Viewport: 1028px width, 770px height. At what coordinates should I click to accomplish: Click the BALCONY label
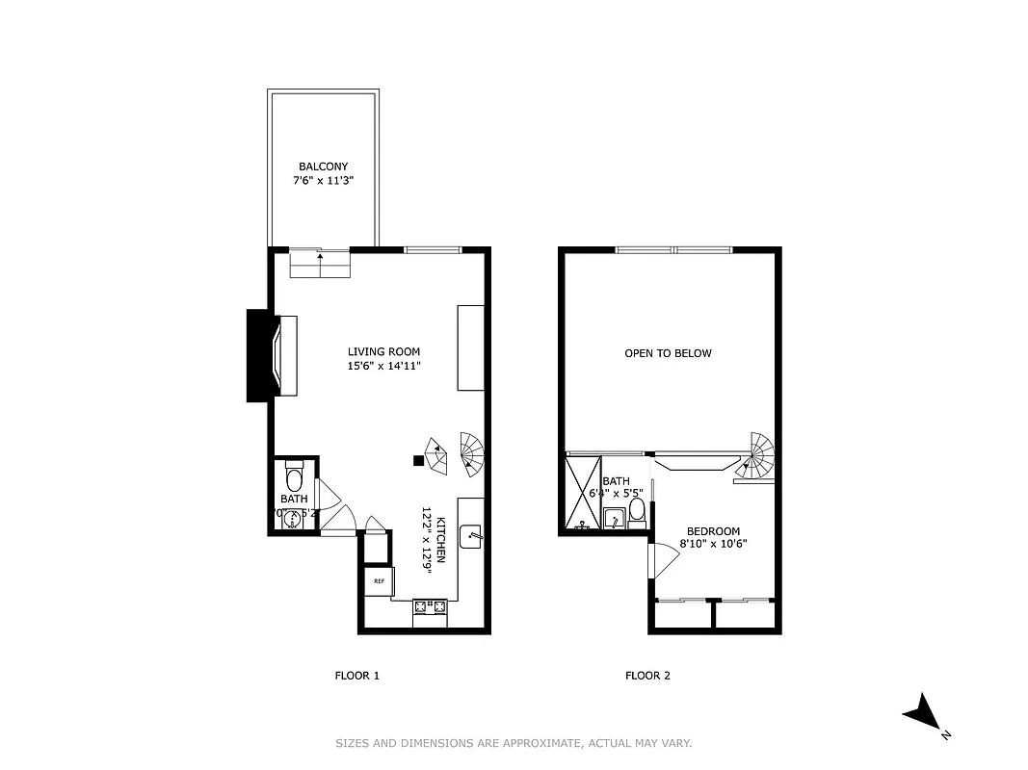coord(323,167)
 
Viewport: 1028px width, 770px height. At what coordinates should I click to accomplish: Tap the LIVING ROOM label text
coord(383,352)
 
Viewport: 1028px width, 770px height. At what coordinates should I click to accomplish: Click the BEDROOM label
coord(713,531)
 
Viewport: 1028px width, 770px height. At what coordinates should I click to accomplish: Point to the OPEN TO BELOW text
coord(668,353)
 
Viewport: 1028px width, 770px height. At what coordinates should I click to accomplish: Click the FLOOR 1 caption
coord(356,676)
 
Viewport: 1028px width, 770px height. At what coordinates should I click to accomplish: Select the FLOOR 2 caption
coord(647,676)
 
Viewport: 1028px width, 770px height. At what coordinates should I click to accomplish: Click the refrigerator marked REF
coord(379,580)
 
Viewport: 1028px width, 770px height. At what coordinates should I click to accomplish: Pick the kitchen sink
coord(471,536)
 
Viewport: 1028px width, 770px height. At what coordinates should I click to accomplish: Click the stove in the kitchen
coord(430,607)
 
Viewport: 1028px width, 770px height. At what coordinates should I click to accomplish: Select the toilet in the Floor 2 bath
coord(637,509)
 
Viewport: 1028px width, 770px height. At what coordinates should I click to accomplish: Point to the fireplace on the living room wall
coord(275,354)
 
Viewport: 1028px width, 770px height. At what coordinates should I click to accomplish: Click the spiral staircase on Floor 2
coord(757,456)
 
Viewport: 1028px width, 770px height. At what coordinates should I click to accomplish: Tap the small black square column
coord(418,460)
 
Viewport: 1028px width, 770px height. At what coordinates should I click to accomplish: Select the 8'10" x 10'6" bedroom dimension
coord(713,544)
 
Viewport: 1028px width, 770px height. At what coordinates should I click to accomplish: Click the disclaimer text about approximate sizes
coord(514,743)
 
